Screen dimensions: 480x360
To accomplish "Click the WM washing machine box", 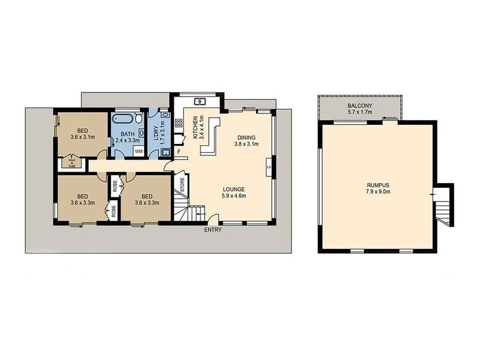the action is [139, 151].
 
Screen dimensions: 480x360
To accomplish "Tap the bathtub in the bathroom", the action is [122, 118].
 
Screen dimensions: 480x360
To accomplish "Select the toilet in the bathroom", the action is [139, 117].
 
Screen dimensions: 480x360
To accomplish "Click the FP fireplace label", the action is [269, 167].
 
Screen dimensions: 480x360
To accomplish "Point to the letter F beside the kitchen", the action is [179, 151].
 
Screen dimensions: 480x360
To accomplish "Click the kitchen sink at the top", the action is [200, 100].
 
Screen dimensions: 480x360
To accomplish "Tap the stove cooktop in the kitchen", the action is [178, 124].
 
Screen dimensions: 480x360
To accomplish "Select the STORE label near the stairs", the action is [182, 185].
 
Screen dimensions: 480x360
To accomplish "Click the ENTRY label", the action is [213, 230].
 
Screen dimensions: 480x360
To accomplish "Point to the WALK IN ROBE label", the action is [71, 163].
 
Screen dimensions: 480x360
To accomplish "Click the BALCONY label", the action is [359, 106].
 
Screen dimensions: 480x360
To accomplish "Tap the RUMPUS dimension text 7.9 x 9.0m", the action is [378, 192].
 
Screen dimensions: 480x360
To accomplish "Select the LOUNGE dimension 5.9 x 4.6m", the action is [234, 196].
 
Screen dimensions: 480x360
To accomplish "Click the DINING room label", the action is [247, 138].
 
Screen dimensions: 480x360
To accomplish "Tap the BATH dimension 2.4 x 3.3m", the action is [128, 140].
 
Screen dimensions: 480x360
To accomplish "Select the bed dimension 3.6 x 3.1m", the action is [82, 137].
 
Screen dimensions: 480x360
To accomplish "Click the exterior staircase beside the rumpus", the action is [443, 206].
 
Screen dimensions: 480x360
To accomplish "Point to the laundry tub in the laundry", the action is [166, 152].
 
